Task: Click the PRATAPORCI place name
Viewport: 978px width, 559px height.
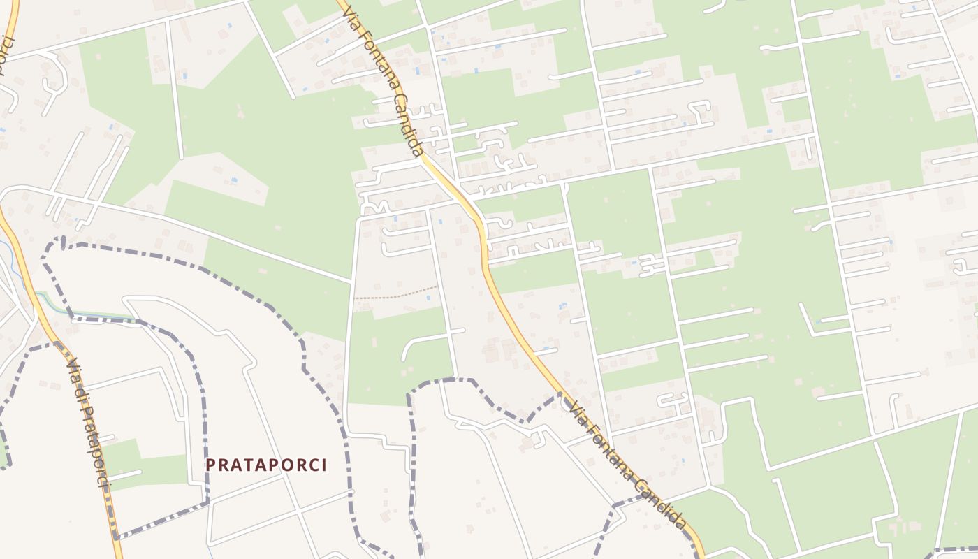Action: coord(266,465)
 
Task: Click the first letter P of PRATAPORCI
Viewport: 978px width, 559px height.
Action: coord(210,465)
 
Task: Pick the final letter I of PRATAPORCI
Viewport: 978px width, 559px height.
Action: coord(323,465)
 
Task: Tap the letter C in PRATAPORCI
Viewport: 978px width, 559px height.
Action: coord(312,465)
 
